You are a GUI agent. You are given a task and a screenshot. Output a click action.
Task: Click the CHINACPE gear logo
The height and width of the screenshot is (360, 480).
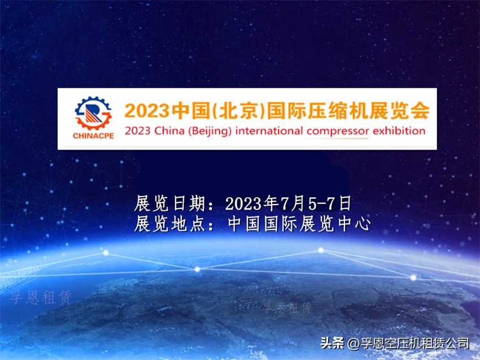[93, 114]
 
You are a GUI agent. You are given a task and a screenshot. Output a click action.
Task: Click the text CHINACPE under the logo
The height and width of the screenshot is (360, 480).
[93, 136]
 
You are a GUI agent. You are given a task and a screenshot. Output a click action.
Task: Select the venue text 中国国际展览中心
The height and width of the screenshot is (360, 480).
[299, 224]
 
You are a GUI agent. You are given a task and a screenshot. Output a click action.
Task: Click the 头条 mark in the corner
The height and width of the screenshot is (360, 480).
[332, 343]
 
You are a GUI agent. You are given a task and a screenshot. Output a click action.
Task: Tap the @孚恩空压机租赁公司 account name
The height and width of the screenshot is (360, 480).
[409, 343]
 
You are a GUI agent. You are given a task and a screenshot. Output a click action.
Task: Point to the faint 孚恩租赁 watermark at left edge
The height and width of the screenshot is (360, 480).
[41, 298]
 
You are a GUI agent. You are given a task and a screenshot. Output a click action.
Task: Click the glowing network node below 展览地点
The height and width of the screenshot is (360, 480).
[197, 269]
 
